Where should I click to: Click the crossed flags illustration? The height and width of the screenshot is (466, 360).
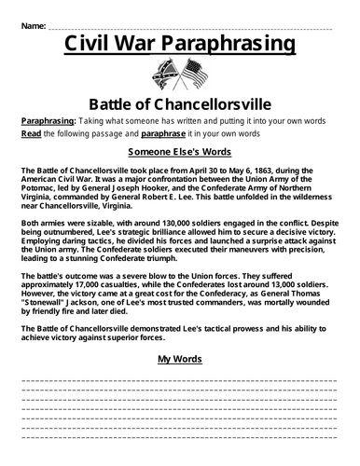[x=180, y=75]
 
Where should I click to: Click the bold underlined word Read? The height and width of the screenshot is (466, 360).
[x=30, y=134]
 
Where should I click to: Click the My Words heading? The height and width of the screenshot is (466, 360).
[x=180, y=358]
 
